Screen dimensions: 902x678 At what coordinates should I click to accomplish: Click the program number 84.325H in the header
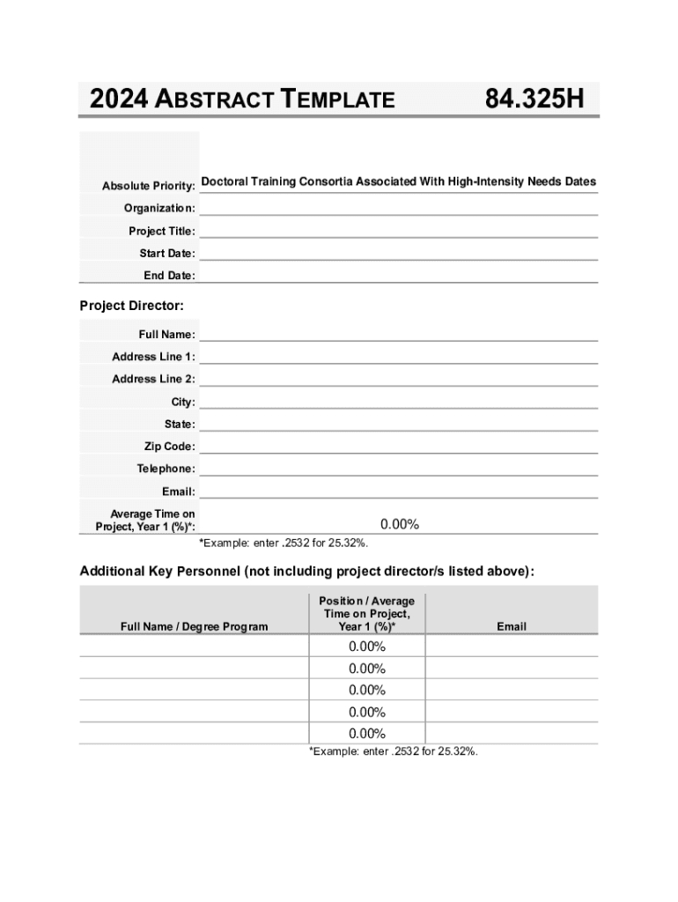click(534, 99)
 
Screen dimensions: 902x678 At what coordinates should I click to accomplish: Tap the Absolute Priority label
click(148, 186)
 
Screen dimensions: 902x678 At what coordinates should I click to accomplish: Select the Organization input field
click(398, 208)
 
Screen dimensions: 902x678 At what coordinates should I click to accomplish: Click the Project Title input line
click(398, 230)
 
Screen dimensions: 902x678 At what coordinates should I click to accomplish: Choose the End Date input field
click(398, 275)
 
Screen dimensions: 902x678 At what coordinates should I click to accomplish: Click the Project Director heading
click(132, 306)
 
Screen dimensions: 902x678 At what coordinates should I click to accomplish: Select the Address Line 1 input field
click(398, 356)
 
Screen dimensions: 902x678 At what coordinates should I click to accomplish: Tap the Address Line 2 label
click(153, 379)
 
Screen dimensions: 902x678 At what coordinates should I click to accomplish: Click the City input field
click(398, 401)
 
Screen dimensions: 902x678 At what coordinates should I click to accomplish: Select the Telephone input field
click(398, 468)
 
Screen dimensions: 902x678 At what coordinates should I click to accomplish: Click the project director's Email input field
click(398, 491)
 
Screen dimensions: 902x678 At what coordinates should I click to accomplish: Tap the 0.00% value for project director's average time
click(400, 524)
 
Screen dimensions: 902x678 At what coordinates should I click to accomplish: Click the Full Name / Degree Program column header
click(194, 626)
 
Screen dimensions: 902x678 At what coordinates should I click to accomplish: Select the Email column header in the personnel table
click(511, 626)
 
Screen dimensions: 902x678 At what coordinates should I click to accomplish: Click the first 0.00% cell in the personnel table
click(367, 647)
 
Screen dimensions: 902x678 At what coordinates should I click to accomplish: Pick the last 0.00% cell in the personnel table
click(367, 734)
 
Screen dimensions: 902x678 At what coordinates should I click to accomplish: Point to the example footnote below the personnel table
click(393, 751)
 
